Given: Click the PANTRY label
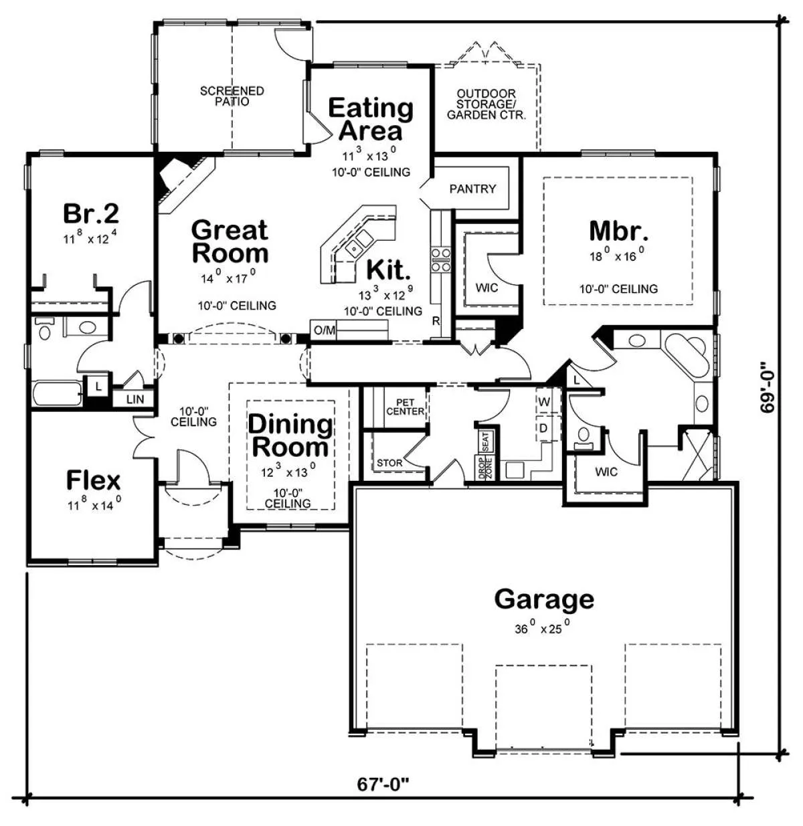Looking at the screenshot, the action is coord(472,189).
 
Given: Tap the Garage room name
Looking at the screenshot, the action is coord(544,599).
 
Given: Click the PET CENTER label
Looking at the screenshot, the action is coord(405,407).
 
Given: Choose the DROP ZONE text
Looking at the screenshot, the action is coord(484,468).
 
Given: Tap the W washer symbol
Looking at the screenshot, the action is coord(544,401).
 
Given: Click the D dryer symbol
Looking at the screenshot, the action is coord(543,428).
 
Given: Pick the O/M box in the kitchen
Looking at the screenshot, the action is coord(324,330).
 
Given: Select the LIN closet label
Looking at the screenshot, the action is coord(135,399).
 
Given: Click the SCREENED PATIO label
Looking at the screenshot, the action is coord(232,96).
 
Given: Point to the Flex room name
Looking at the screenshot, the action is coord(94,480).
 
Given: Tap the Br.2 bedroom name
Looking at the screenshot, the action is coord(91,213).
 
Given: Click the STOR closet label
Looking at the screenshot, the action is coord(389,463).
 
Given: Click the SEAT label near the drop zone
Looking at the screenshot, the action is coord(486,442).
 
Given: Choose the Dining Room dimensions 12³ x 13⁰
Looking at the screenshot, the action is coord(289,471).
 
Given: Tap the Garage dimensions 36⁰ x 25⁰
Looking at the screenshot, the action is coord(542,627).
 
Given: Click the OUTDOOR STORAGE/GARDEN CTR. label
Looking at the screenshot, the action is coord(486,104).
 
